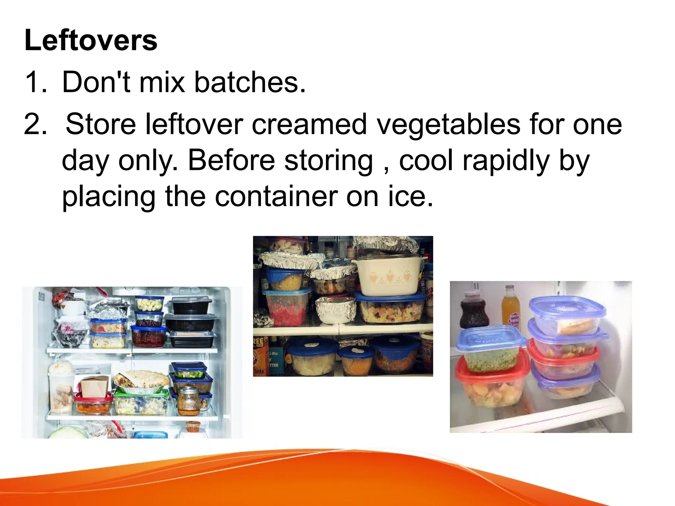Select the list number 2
click(35, 124)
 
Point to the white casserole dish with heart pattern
click(389, 276)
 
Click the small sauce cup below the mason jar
click(193, 426)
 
